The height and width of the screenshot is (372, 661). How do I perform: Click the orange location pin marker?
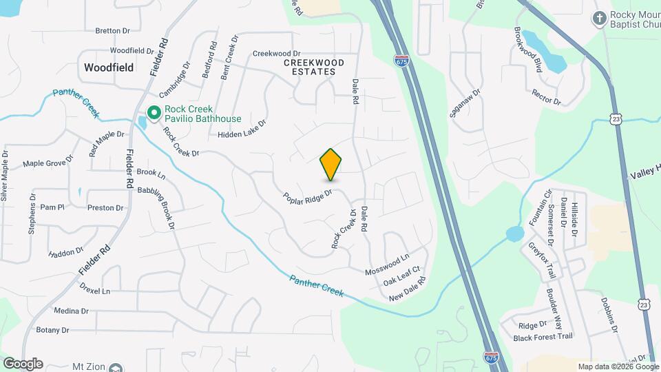tap(331, 164)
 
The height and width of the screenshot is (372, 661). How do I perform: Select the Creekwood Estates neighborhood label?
tap(314, 67)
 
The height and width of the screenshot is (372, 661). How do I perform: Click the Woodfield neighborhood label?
tap(108, 68)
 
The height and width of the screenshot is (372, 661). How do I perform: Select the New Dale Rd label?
tap(408, 289)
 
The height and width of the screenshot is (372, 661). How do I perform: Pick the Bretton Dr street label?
tap(112, 31)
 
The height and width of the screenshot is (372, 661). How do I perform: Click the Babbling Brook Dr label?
tap(158, 206)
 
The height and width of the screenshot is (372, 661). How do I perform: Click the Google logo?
tap(23, 364)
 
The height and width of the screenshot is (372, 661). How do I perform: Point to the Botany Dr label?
tap(53, 330)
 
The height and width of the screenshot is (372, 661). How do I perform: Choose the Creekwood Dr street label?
tap(277, 53)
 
